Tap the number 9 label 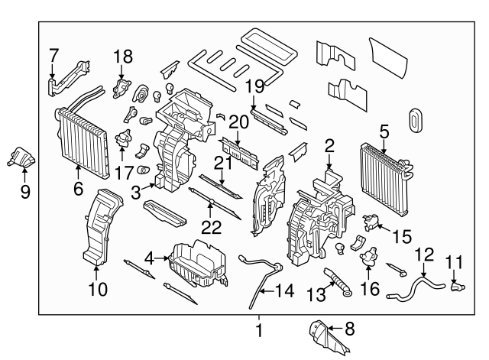click(x=24, y=193)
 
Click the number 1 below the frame click(x=258, y=331)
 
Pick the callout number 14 click(x=283, y=290)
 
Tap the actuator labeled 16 click(x=370, y=261)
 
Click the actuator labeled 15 click(x=371, y=221)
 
